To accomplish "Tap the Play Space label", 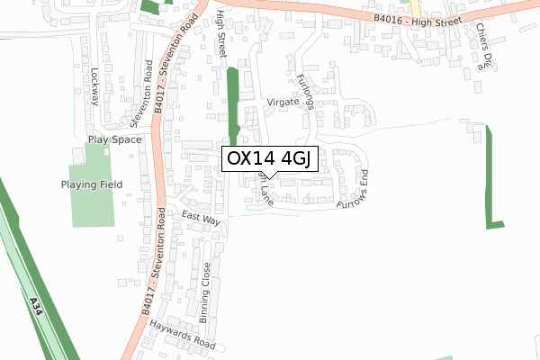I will (114, 140).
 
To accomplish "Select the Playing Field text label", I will (91, 184).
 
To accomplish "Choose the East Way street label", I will (201, 219).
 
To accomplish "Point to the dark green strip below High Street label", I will (234, 103).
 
